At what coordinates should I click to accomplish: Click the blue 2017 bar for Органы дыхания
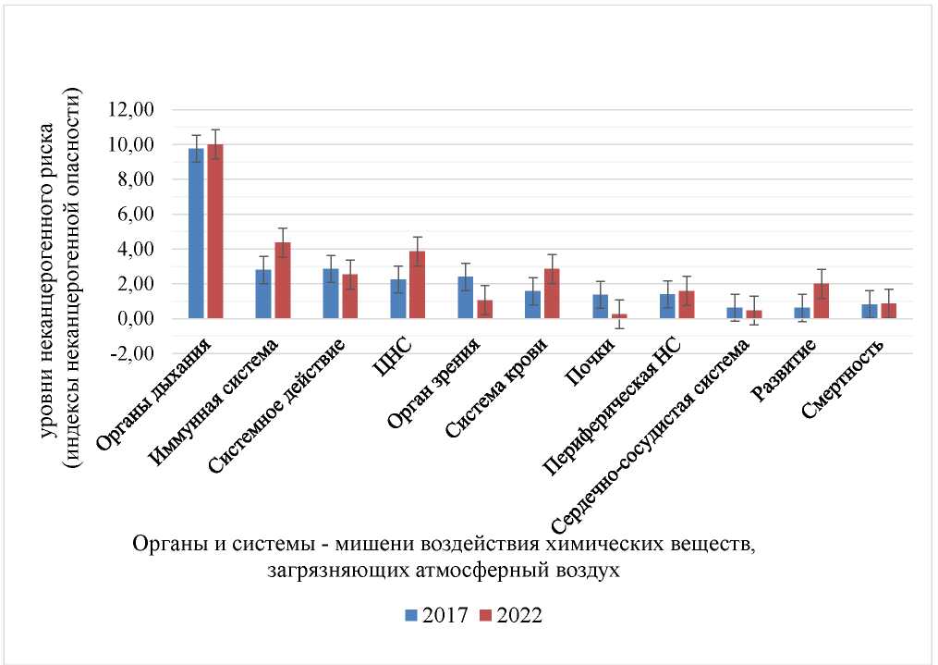pos(196,233)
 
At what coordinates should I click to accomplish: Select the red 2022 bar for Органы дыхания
pos(215,231)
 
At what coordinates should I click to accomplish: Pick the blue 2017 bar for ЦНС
pos(397,299)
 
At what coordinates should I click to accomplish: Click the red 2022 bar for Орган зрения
pos(484,309)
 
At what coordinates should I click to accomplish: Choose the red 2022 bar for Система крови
pos(552,293)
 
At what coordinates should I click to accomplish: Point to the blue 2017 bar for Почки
pos(600,306)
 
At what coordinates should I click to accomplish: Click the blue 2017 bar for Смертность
pos(869,311)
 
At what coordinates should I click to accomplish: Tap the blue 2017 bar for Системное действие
pos(331,293)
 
